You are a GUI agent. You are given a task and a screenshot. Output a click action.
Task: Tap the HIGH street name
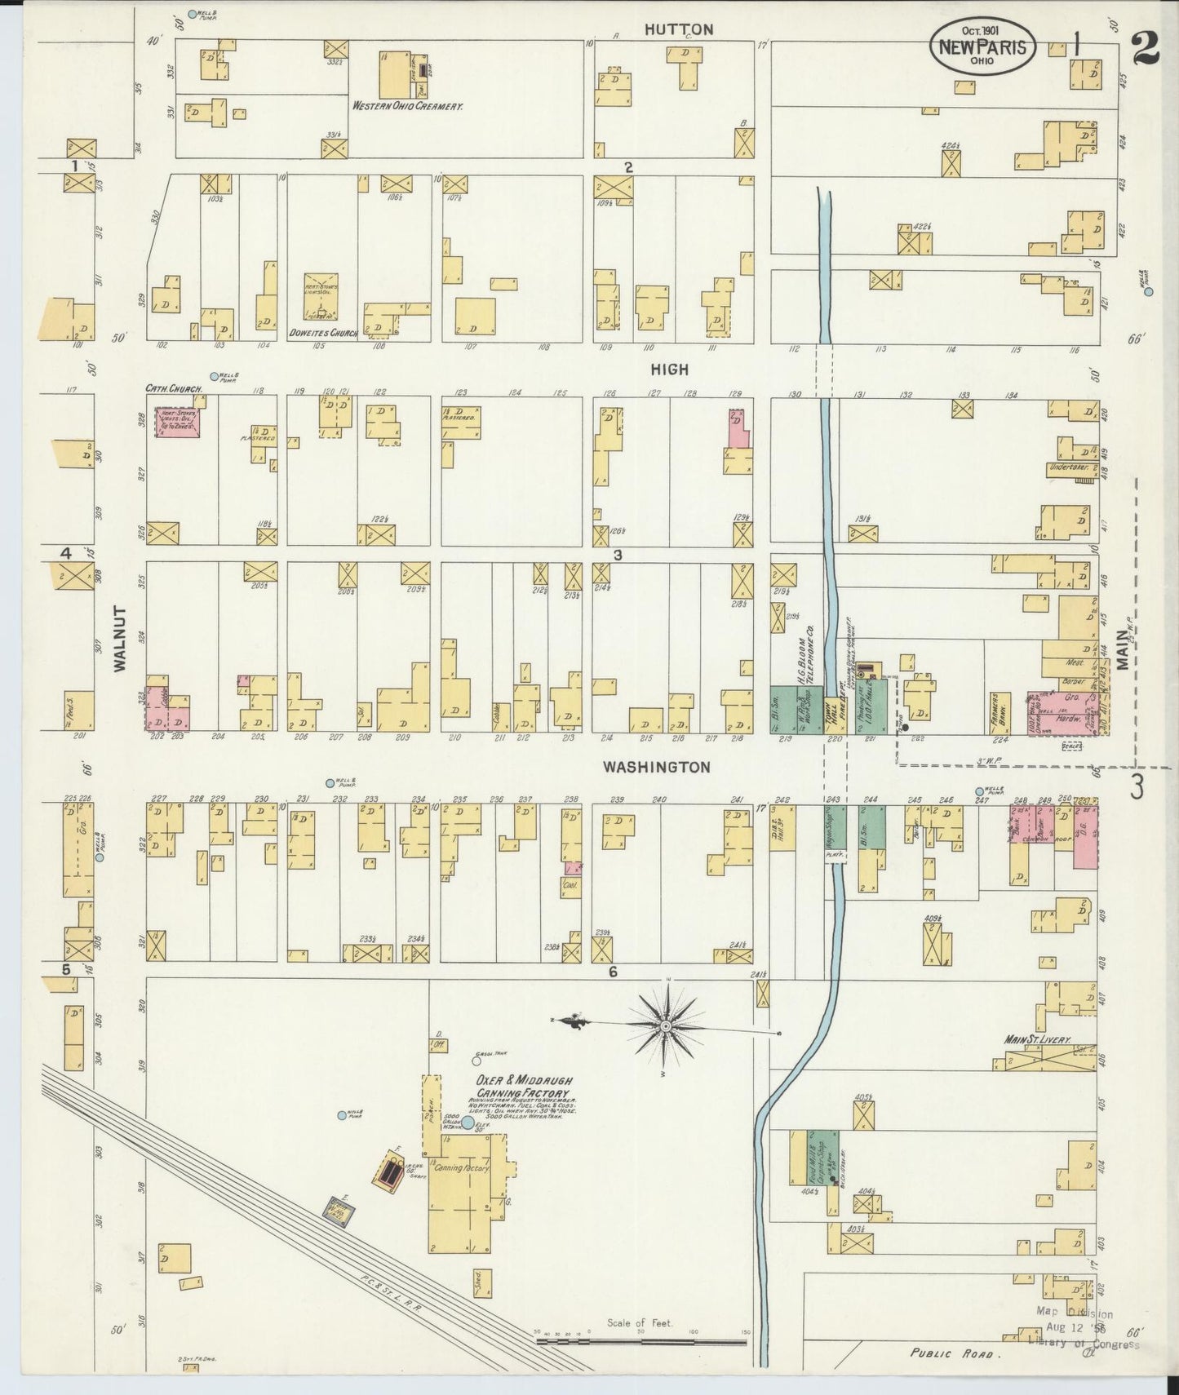pos(669,370)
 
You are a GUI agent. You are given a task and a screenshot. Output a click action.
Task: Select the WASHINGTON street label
pos(656,767)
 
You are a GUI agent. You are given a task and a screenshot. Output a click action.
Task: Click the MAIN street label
pos(1124,653)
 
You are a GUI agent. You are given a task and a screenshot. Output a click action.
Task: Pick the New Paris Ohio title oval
pos(982,46)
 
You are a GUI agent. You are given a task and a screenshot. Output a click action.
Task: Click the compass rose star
pos(666,1025)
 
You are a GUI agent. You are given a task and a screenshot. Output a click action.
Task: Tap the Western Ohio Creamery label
pos(408,106)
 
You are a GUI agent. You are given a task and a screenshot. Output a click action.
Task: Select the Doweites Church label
pos(324,334)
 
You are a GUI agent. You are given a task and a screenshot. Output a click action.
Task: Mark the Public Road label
pos(955,1353)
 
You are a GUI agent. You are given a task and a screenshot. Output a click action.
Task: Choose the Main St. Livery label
pos(1038,1040)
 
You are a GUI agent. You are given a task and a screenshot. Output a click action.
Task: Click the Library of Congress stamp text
pos(1084,1344)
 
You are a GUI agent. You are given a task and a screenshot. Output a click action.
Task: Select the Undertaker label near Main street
pos(1070,467)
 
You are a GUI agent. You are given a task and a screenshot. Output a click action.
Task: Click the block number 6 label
pos(613,971)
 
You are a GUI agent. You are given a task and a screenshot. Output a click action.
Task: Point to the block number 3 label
pos(618,555)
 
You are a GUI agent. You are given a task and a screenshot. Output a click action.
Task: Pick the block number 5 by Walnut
pos(65,970)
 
